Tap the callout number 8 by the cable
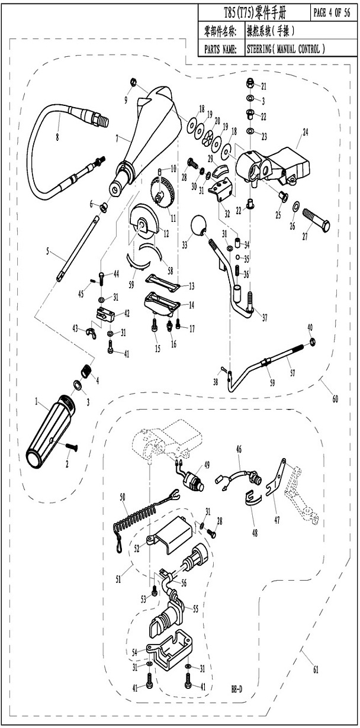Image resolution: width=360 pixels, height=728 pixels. [57, 137]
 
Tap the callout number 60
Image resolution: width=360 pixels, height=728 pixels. [336, 400]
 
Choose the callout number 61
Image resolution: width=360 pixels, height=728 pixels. [316, 670]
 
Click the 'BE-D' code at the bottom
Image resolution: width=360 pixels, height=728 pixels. [237, 690]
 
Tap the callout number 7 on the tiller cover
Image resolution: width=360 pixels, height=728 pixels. [117, 138]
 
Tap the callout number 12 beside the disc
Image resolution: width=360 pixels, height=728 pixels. [166, 234]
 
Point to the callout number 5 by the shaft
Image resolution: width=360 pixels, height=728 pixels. [47, 251]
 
